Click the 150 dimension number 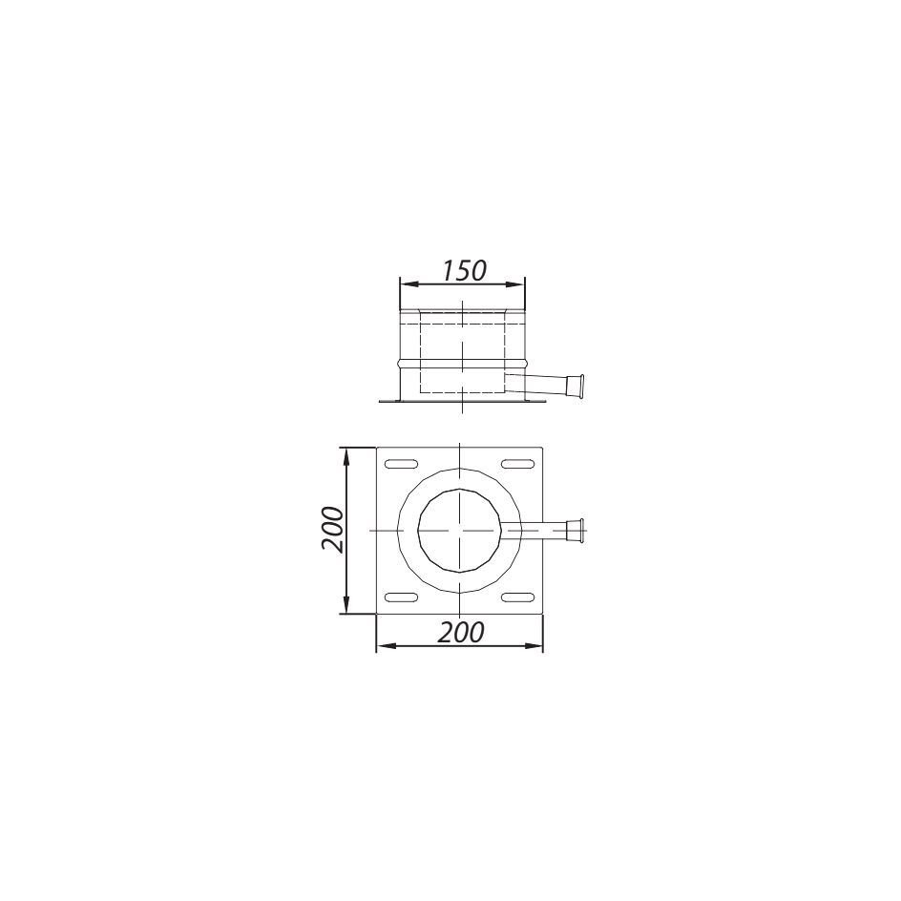[464, 271]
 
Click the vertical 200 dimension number [333, 529]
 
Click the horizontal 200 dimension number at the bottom [461, 633]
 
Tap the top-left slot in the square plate [402, 464]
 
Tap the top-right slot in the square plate [517, 464]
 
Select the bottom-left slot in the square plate [402, 597]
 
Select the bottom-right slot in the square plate [517, 597]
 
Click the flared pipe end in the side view [576, 385]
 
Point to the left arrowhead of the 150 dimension [407, 283]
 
